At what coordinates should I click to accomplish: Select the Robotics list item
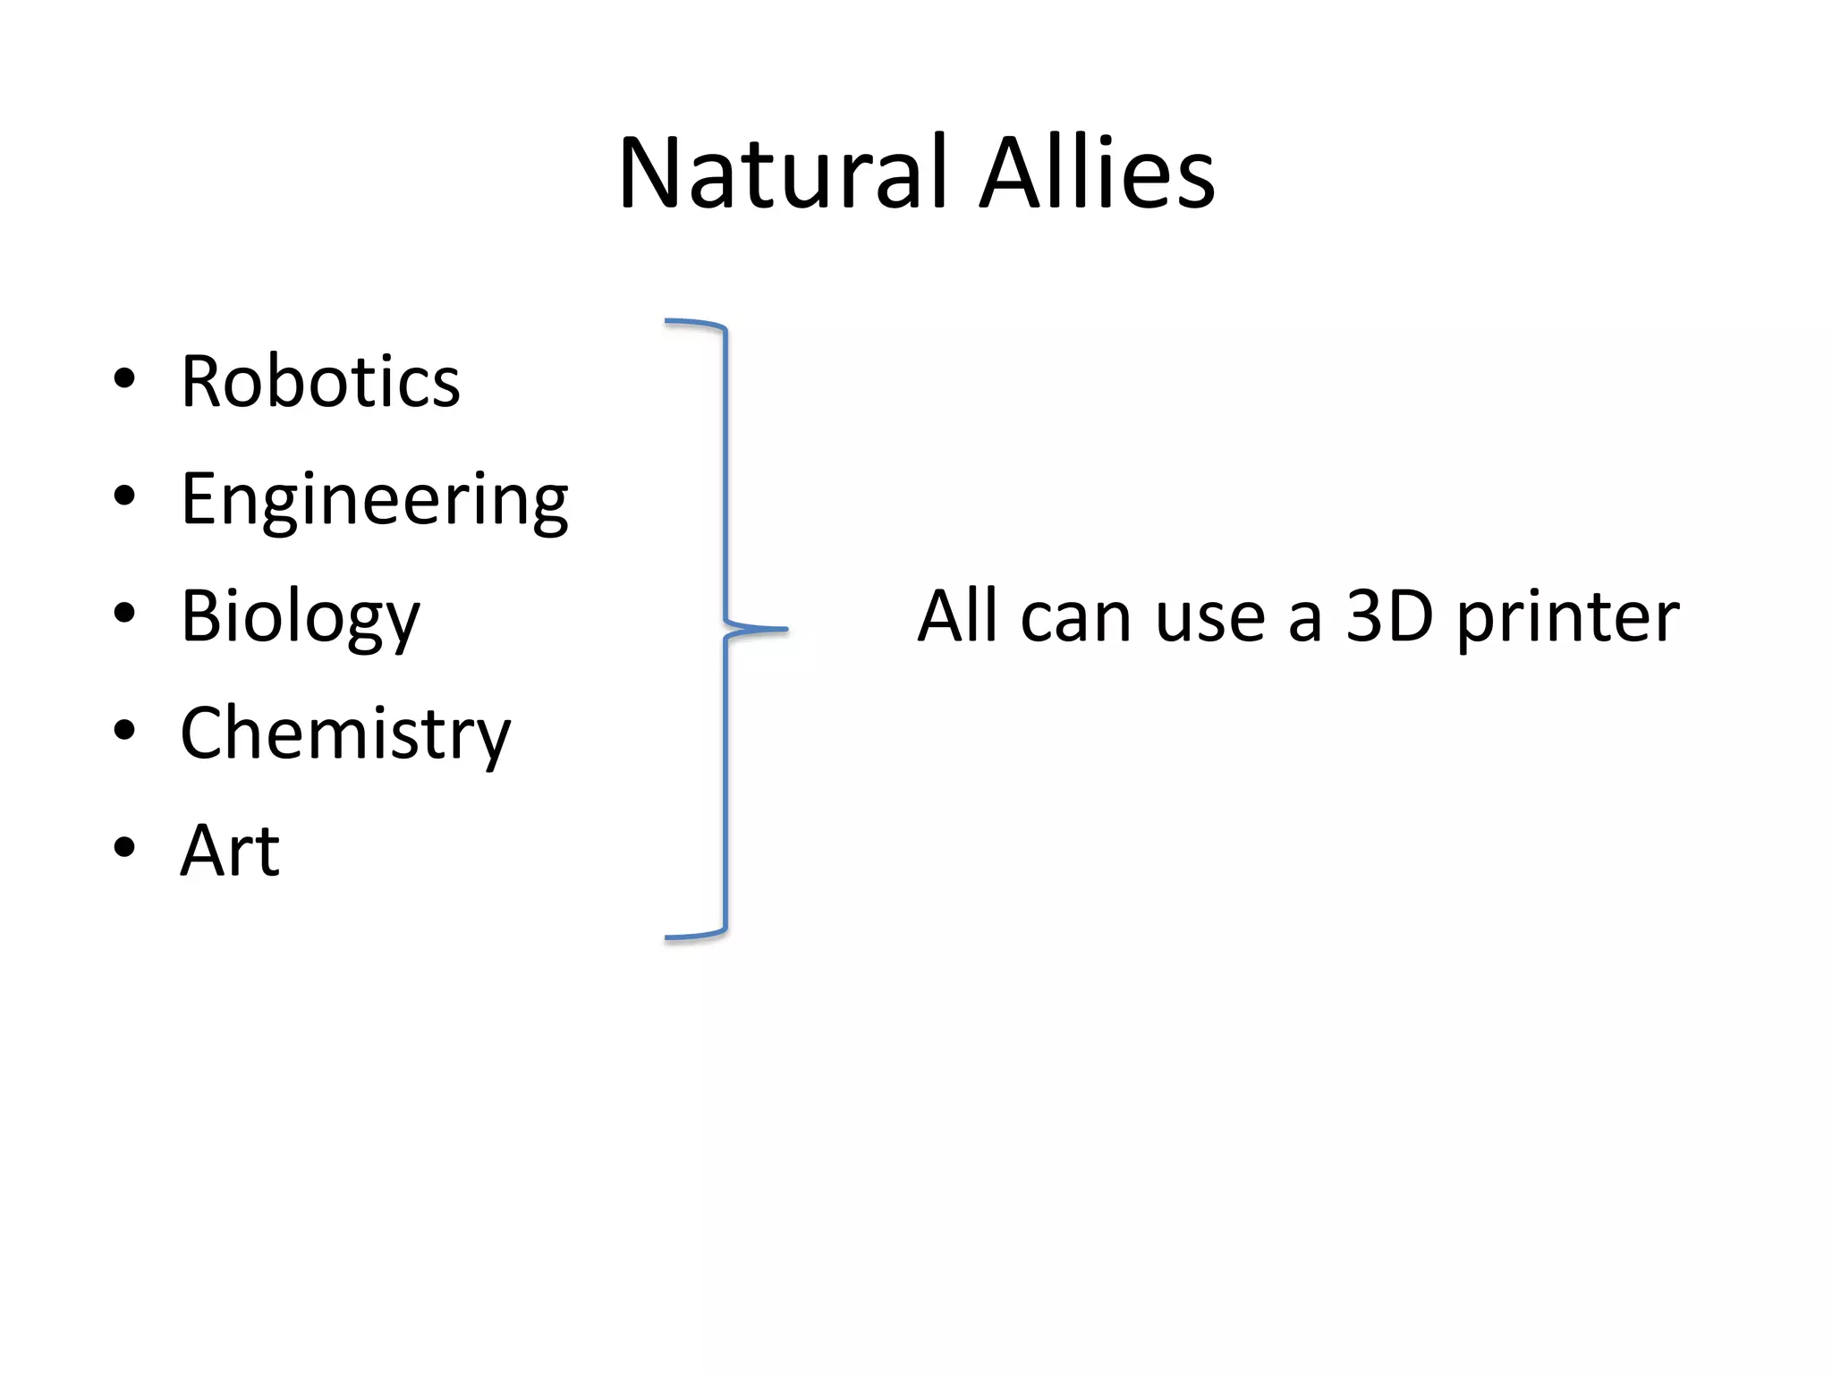(x=320, y=382)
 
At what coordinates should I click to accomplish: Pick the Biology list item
(x=300, y=616)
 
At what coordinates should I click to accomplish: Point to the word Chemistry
(x=345, y=734)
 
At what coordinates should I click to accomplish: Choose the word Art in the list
(x=230, y=851)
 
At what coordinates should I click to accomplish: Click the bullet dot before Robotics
(x=124, y=379)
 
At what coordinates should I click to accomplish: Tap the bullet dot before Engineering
(x=124, y=496)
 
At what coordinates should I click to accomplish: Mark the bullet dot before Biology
(x=124, y=614)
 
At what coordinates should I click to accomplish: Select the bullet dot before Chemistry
(x=124, y=731)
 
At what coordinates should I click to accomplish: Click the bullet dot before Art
(x=124, y=848)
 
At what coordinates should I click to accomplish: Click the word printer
(x=1567, y=618)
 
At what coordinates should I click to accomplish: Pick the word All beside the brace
(x=957, y=616)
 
